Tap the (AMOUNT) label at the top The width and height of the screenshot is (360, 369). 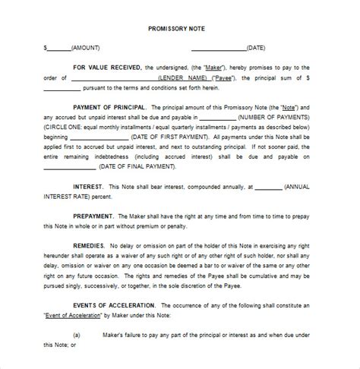[87, 48]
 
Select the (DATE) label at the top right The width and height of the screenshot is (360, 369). [255, 48]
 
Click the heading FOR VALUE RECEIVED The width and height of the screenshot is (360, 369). [107, 68]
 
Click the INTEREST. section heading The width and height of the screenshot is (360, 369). [93, 187]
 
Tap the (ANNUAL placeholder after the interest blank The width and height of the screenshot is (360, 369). [302, 187]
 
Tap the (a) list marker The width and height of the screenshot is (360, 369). [77, 336]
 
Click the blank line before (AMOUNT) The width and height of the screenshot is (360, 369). [59, 49]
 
